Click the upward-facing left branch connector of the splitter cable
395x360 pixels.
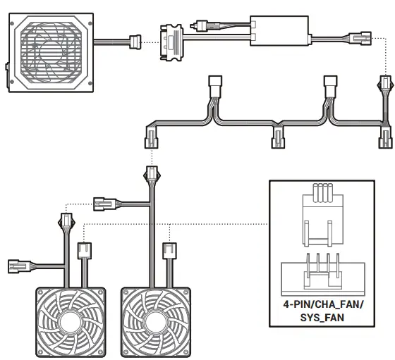(216, 89)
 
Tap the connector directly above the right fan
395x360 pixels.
(169, 251)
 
